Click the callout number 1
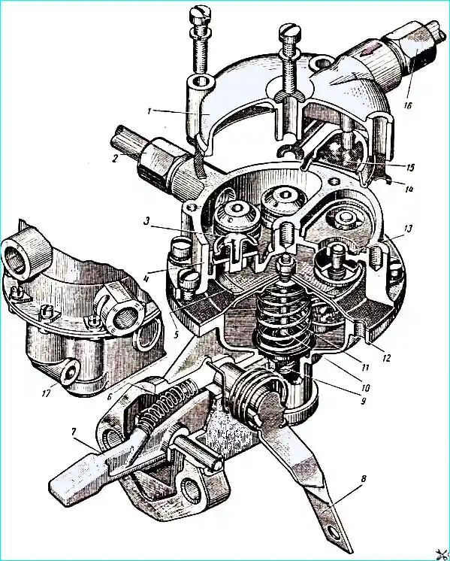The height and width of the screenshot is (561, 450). (x=149, y=111)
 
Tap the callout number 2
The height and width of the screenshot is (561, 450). (x=114, y=159)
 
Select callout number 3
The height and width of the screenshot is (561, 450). (x=146, y=221)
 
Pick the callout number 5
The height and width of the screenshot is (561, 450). (x=175, y=335)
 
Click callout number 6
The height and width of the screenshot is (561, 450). (x=110, y=396)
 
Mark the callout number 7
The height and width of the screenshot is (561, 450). (x=74, y=432)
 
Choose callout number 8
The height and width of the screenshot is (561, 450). (x=364, y=479)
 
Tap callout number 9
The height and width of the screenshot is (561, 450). (x=363, y=401)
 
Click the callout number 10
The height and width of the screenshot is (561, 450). (x=365, y=387)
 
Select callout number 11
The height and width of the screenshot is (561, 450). (x=364, y=367)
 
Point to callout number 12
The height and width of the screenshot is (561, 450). (x=386, y=357)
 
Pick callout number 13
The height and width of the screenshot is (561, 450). (x=408, y=229)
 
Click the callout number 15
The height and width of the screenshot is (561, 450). (x=410, y=167)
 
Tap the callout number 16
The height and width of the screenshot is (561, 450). (x=408, y=105)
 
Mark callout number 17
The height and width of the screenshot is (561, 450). (x=46, y=393)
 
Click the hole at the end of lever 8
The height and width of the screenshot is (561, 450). (x=334, y=534)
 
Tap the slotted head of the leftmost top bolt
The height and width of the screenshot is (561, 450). (x=199, y=14)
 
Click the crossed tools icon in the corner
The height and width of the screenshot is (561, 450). (x=442, y=554)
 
